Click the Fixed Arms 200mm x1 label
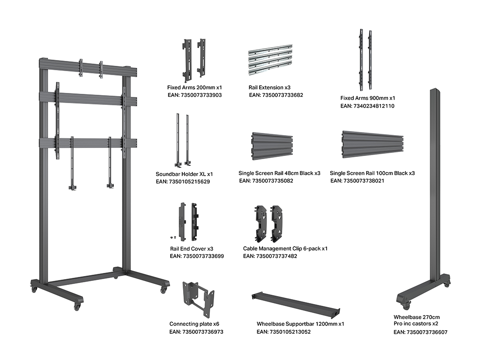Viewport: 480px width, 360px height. [194, 88]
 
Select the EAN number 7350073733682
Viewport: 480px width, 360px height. [276, 95]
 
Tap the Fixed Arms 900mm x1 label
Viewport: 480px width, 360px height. [368, 98]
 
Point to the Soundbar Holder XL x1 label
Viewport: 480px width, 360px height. [184, 174]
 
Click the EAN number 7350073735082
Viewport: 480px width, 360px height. [266, 181]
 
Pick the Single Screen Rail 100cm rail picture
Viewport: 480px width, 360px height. [372, 145]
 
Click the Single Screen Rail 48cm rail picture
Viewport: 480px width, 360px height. [272, 146]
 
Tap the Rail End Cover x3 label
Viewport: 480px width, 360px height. [192, 249]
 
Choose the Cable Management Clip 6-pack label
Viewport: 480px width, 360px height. [285, 248]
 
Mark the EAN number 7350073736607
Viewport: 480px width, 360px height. [420, 332]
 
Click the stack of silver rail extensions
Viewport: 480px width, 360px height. [270, 60]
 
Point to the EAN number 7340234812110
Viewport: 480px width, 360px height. [368, 106]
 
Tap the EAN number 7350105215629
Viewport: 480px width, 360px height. [183, 182]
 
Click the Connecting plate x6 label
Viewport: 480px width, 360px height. [194, 324]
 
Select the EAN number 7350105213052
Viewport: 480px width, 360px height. [284, 332]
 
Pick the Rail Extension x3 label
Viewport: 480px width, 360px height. [269, 88]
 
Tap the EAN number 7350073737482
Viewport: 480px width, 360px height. [270, 256]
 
